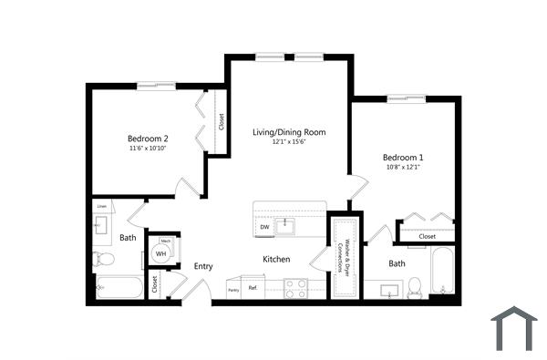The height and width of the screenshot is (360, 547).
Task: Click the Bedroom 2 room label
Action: click(x=148, y=138)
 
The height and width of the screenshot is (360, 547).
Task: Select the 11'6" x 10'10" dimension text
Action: click(x=148, y=148)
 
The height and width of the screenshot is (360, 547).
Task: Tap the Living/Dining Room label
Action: click(x=288, y=132)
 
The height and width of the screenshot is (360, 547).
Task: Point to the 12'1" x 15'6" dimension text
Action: click(x=288, y=142)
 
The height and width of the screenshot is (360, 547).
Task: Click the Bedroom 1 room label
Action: click(x=404, y=157)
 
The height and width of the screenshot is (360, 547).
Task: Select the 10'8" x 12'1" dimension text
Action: click(x=404, y=167)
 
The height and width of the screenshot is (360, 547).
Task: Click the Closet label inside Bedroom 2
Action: click(x=222, y=122)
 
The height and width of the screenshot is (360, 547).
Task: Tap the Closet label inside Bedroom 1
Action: click(x=427, y=236)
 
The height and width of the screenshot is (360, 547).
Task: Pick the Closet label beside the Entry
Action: click(x=155, y=283)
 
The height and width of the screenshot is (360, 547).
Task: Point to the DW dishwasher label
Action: click(x=264, y=227)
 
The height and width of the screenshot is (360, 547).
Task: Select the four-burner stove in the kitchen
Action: click(x=295, y=288)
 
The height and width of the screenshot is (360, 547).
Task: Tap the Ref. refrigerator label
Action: click(x=253, y=288)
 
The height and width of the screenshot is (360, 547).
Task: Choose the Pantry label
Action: click(x=232, y=290)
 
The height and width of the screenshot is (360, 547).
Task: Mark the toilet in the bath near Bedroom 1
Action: click(x=415, y=286)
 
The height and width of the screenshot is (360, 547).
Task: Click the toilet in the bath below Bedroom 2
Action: click(x=103, y=262)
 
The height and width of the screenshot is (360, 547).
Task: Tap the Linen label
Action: click(x=102, y=206)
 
